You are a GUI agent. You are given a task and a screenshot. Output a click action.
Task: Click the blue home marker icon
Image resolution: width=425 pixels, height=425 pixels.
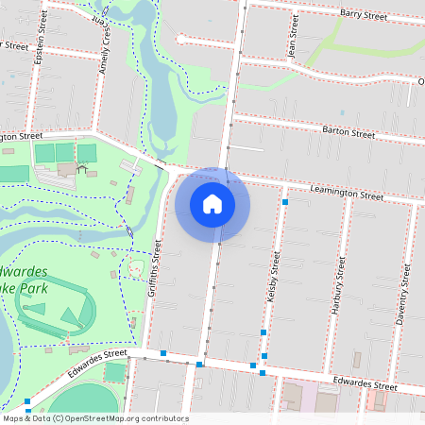pyautogui.click(x=212, y=204)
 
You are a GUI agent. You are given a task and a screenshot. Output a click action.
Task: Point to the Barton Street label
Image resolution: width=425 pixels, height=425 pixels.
pyautogui.click(x=348, y=133)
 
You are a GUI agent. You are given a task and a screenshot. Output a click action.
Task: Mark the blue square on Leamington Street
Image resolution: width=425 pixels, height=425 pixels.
pyautogui.click(x=284, y=201)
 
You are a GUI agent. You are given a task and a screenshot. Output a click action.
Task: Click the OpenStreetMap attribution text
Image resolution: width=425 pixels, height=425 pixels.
pyautogui.click(x=94, y=418)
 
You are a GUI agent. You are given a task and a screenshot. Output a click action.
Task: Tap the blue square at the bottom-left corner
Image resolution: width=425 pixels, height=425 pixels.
pyautogui.click(x=27, y=401)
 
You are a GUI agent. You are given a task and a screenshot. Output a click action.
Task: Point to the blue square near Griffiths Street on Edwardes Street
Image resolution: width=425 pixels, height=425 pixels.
pyautogui.click(x=164, y=353)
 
